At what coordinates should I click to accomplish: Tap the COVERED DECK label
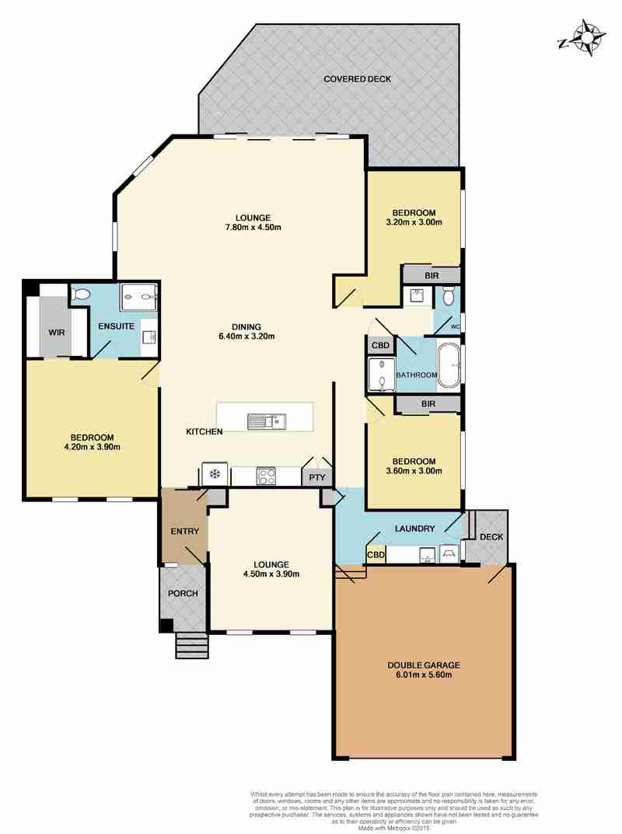click(x=358, y=79)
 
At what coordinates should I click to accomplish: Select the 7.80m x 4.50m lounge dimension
click(x=253, y=227)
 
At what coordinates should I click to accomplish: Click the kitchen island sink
click(x=267, y=421)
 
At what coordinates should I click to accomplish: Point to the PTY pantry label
click(x=317, y=478)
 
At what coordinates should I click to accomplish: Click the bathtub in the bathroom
click(x=450, y=365)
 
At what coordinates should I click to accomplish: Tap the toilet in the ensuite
click(x=81, y=294)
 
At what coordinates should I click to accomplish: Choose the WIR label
click(x=57, y=333)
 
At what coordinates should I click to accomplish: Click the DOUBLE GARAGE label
click(x=424, y=665)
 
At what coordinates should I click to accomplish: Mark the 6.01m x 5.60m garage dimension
click(x=424, y=675)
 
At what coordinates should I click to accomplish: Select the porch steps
click(x=191, y=645)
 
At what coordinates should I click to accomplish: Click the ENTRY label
click(x=184, y=532)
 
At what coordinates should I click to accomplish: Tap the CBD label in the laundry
click(x=376, y=555)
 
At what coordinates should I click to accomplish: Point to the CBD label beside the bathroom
click(x=380, y=345)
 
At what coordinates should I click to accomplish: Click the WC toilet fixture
click(x=448, y=295)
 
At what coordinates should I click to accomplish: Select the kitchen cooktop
click(x=266, y=475)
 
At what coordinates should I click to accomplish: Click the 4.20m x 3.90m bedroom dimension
click(x=92, y=447)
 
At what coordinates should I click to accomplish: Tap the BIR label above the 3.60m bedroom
click(x=428, y=404)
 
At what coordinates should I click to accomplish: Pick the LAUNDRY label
click(x=415, y=529)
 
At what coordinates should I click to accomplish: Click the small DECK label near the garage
click(x=491, y=537)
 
